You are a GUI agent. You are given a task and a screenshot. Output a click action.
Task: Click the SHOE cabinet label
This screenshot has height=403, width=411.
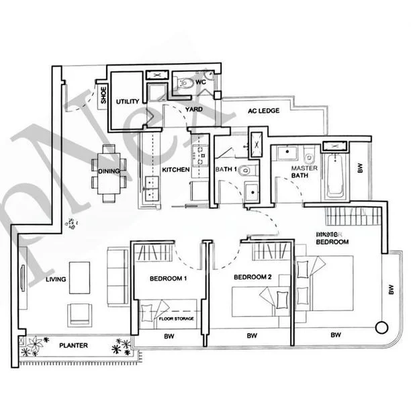pyautogui.click(x=104, y=96)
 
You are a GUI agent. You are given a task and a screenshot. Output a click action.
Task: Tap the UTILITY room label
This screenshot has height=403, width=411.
pyautogui.click(x=127, y=101)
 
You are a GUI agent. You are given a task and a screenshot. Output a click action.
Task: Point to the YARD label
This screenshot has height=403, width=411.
pyautogui.click(x=193, y=109)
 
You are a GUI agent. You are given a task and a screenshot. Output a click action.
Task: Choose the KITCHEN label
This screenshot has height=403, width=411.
pyautogui.click(x=176, y=170)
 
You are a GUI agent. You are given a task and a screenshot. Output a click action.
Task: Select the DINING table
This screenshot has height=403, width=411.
pyautogui.click(x=108, y=171)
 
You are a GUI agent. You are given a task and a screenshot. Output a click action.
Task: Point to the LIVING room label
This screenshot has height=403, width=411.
pyautogui.click(x=56, y=279)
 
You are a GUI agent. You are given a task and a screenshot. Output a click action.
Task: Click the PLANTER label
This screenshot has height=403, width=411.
pyautogui.click(x=73, y=345)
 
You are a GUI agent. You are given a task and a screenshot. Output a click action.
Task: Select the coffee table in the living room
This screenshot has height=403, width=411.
pyautogui.click(x=80, y=273)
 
